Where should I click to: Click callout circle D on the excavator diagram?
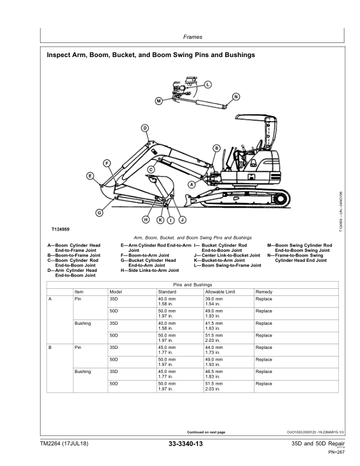click(x=144, y=128)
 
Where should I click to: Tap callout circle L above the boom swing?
click(x=209, y=84)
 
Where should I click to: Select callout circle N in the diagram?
click(x=236, y=96)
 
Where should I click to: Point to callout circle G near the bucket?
click(x=99, y=212)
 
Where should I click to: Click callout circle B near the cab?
click(x=216, y=148)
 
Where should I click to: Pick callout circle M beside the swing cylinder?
click(x=158, y=101)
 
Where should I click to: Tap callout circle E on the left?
click(x=90, y=175)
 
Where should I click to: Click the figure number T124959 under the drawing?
click(x=61, y=228)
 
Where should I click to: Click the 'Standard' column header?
click(x=167, y=292)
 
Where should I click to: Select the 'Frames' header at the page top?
click(x=192, y=37)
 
